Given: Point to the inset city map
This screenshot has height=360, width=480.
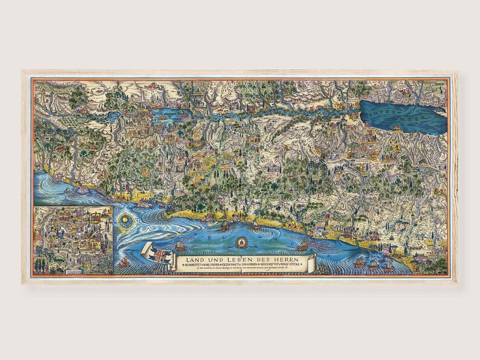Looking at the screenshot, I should point(73,232).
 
